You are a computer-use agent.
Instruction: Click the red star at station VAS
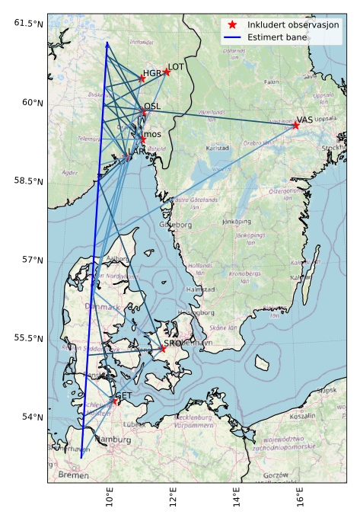point(295,125)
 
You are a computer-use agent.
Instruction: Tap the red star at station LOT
point(167,72)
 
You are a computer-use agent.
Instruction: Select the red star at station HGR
point(142,78)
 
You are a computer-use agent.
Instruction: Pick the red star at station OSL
point(142,112)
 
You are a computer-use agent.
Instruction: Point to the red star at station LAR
point(126,156)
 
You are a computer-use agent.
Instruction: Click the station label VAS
point(305,120)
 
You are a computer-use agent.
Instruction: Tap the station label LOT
point(176,67)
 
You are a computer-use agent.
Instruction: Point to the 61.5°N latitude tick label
point(28,24)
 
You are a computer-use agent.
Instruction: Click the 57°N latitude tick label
point(31,260)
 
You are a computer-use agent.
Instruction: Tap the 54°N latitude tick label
point(31,417)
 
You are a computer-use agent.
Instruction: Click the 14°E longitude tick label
point(234,500)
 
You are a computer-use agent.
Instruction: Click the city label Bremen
point(73,475)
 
